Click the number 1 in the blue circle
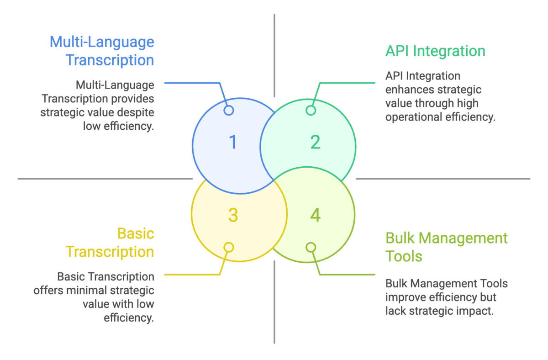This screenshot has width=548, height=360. coord(233,142)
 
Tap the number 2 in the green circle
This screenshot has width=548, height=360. coord(316,142)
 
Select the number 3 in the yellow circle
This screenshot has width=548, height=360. coord(233,215)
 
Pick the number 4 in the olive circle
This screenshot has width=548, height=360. coord(316,215)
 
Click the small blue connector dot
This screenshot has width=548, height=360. coord(229,111)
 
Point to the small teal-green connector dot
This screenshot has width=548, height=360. coord(311,111)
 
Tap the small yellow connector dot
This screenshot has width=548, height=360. coord(229,247)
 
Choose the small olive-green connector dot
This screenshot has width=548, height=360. coord(311,247)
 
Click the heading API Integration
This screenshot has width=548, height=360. coord(435,51)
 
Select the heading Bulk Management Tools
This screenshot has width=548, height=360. coord(447,247)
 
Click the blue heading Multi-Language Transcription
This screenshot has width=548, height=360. coord(102,51)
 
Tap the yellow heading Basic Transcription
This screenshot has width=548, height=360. coord(110,243)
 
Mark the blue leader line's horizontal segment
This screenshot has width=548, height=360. coord(192,83)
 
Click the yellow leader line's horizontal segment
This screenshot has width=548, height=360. coord(192,275)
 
